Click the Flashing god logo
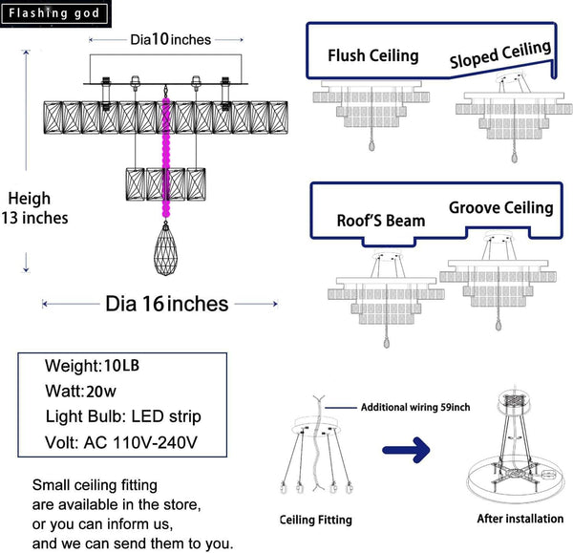point(55,13)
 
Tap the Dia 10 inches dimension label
point(171,39)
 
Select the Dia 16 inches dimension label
point(167,304)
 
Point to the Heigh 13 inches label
point(34,208)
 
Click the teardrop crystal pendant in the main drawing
point(165,248)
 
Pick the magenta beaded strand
point(166,158)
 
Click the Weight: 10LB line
point(92,366)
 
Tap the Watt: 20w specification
point(81,391)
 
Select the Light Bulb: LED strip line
point(123,416)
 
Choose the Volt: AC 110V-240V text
point(121,442)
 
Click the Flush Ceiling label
point(373,56)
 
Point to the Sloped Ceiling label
point(500,54)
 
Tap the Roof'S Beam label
point(381,221)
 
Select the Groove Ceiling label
point(501,207)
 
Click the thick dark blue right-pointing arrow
point(407,450)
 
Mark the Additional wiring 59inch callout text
point(415,407)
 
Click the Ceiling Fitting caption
point(316,520)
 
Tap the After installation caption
point(520,519)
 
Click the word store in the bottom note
point(181,504)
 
